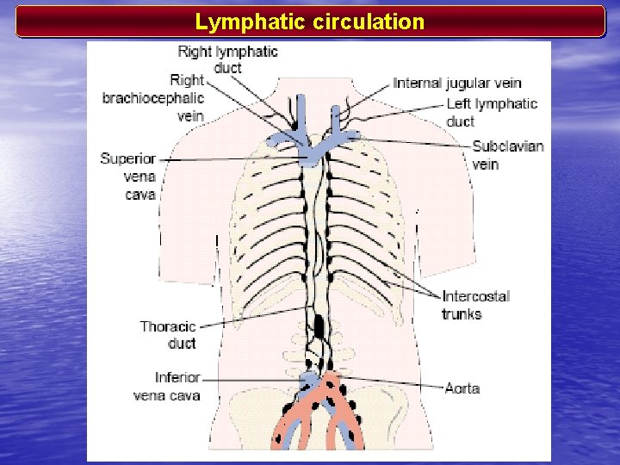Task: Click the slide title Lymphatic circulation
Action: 310,22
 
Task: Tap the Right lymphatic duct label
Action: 228,59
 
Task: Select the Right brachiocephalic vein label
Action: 153,98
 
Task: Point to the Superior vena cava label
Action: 128,177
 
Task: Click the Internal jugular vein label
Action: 457,84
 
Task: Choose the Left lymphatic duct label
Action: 492,112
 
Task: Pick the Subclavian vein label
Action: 508,155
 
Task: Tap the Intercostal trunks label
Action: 476,305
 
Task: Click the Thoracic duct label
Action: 169,335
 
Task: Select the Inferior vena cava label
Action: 168,387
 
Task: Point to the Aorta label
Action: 462,388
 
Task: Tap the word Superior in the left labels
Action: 128,158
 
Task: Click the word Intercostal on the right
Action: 476,296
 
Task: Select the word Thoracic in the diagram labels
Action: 169,326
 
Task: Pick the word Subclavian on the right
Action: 508,146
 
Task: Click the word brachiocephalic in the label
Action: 153,98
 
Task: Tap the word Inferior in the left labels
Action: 178,377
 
